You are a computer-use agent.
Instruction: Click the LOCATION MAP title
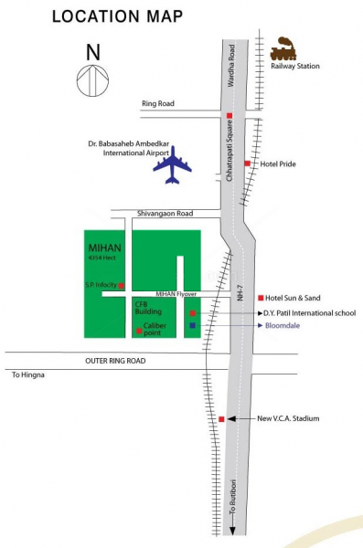117,16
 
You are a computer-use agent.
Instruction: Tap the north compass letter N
92,52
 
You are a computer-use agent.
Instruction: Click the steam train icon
283,46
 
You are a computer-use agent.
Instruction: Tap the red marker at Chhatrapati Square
230,115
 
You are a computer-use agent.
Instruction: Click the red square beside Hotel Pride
248,163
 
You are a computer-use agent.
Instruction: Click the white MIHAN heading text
100,247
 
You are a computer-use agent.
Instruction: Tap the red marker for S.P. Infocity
122,286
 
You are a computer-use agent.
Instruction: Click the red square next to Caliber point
139,331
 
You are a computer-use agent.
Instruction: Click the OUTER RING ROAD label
115,361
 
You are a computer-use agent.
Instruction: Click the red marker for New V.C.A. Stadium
221,418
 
